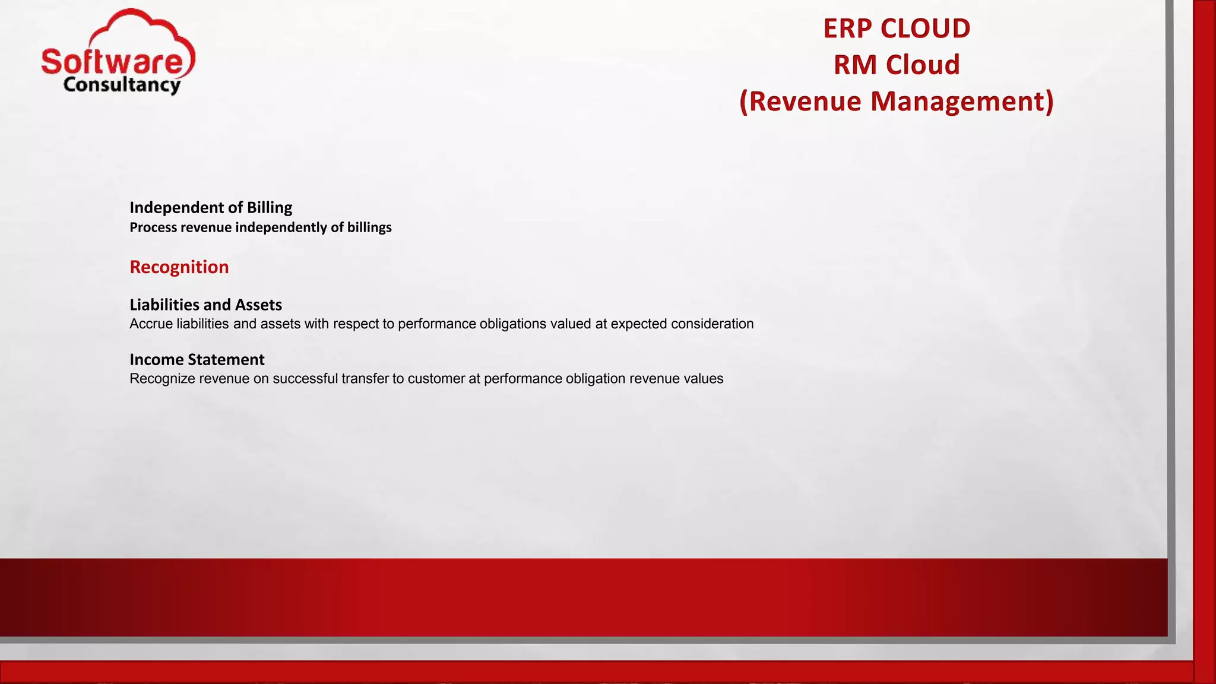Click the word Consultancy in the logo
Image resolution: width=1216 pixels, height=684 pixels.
click(122, 85)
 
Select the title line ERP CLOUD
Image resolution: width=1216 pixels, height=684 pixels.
click(896, 28)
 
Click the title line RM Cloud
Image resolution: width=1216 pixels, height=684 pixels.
click(896, 65)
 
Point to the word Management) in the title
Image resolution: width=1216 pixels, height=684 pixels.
click(962, 101)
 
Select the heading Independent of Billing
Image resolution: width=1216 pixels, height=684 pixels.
click(211, 207)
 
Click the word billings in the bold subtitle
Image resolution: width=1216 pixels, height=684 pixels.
click(369, 227)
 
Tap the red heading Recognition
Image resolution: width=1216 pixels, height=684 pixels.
click(179, 267)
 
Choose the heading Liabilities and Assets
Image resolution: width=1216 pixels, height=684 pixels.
click(205, 305)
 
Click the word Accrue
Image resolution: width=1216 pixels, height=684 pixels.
click(151, 324)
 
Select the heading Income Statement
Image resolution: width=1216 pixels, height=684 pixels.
click(197, 359)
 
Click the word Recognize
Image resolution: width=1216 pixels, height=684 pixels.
click(162, 379)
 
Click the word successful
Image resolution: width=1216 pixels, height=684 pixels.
click(305, 379)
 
